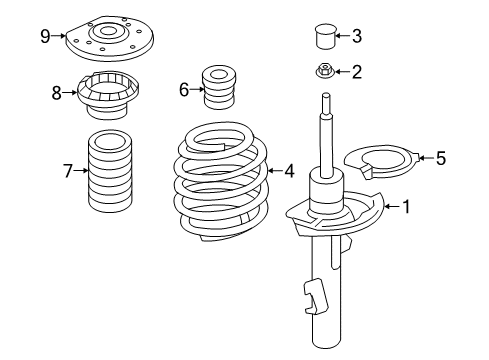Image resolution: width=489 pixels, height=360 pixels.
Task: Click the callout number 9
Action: tap(45, 36)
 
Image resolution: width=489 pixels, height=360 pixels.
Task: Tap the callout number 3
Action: tap(356, 36)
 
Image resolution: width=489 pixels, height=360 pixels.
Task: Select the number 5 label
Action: tap(441, 158)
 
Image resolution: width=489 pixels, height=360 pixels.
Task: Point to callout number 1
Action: tap(406, 207)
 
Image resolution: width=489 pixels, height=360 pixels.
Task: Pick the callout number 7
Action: tap(68, 171)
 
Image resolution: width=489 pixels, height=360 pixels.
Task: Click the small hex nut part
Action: tap(325, 71)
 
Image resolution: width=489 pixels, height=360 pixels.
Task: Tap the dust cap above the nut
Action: tap(325, 36)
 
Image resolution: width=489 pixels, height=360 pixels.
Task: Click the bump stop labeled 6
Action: tap(219, 87)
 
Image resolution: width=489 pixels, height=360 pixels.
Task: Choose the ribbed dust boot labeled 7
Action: tap(110, 171)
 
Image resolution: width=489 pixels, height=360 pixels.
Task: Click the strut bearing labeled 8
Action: tap(107, 95)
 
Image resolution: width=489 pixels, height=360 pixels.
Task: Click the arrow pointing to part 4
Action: tap(275, 171)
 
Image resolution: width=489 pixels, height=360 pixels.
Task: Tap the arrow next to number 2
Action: tap(342, 71)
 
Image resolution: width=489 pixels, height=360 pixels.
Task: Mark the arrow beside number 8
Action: tap(70, 92)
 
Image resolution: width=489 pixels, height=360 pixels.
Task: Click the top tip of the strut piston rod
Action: tap(326, 93)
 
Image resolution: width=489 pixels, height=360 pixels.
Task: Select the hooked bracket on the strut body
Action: tap(315, 297)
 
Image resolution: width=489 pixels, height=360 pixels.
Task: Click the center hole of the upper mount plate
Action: tap(107, 32)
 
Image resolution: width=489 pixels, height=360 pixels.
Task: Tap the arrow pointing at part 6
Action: tap(197, 89)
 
